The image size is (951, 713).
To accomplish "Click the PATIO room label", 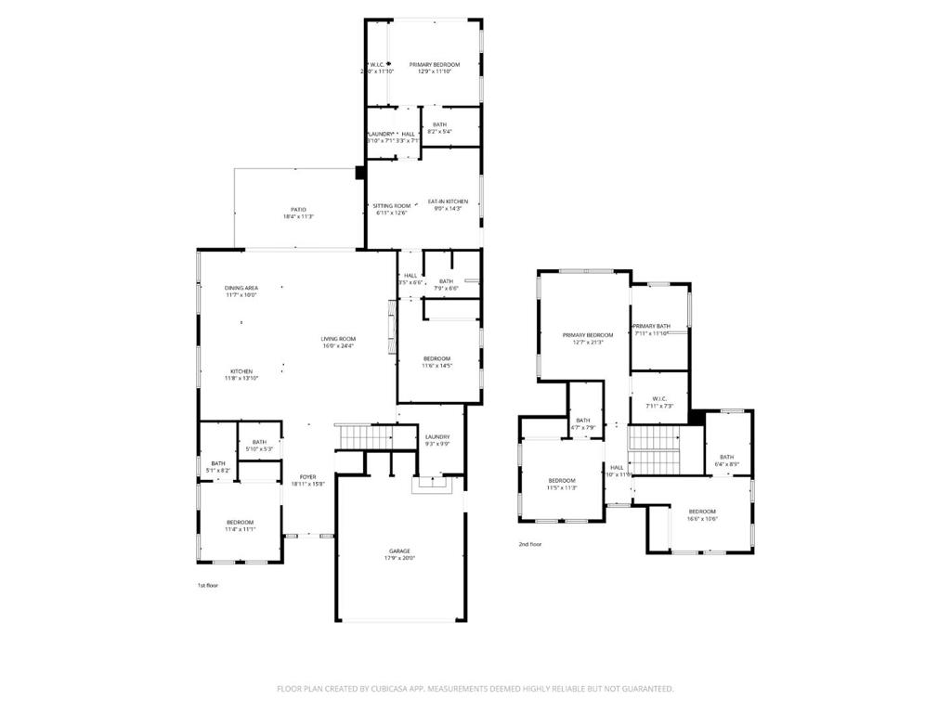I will tap(298, 210).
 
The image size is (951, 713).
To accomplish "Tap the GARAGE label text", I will tap(400, 551).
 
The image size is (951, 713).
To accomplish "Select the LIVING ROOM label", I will tap(339, 339).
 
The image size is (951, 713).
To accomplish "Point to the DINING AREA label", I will tap(241, 288).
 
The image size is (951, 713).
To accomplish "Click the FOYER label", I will tap(307, 477).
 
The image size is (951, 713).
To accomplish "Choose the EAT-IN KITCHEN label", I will tap(448, 201).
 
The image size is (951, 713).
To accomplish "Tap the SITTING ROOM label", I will tap(391, 206).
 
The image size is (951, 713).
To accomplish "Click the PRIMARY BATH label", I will tap(651, 326).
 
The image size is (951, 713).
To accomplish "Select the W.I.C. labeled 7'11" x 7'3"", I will tap(659, 399).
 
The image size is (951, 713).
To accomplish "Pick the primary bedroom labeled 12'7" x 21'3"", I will tap(588, 335).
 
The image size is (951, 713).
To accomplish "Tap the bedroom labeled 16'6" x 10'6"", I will tap(702, 512).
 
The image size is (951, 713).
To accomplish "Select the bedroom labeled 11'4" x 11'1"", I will tap(241, 523).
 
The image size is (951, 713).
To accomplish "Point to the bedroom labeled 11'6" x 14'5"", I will tap(436, 359).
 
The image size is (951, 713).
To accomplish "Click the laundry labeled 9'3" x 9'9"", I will tap(437, 437).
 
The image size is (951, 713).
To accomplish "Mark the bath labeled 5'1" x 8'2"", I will tap(217, 463).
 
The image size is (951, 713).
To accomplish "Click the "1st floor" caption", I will tap(207, 586).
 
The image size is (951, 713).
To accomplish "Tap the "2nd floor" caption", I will tap(529, 544).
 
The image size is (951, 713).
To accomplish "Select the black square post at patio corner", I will tap(359, 172).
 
